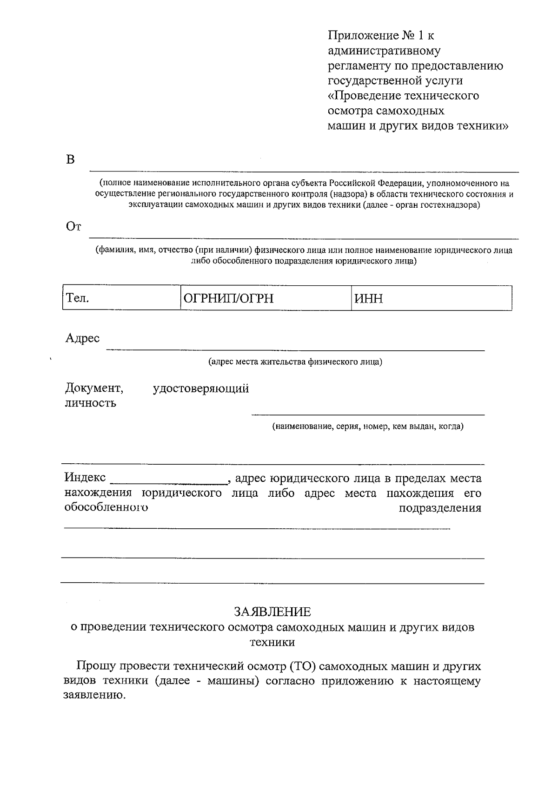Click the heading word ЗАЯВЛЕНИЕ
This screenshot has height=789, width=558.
[x=272, y=611]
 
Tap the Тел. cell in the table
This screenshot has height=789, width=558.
[x=121, y=298]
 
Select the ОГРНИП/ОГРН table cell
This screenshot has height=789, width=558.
[x=265, y=298]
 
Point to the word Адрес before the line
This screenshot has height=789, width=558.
[x=82, y=338]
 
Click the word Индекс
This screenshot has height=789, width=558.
[x=85, y=478]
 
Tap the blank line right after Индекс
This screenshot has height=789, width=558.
[x=168, y=480]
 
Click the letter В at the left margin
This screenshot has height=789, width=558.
[x=70, y=159]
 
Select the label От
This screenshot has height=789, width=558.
[x=73, y=227]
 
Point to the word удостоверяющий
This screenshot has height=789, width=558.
[x=201, y=388]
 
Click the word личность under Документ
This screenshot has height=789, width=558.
[x=90, y=403]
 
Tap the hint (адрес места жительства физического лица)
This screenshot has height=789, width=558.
[x=295, y=362]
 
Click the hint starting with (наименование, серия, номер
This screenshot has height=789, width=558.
[x=367, y=426]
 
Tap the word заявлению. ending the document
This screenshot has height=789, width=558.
[x=94, y=696]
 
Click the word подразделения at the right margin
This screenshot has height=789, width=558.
[x=440, y=508]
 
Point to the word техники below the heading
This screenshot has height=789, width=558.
[x=272, y=642]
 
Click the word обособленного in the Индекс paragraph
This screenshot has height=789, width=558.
[x=106, y=507]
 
